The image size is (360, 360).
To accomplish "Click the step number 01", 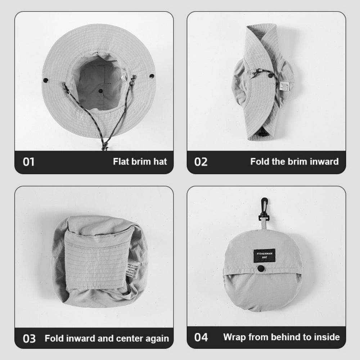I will coord(29,162).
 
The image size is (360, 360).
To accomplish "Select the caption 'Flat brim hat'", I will coord(140,161).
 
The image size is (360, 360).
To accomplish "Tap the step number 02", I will coord(201,162).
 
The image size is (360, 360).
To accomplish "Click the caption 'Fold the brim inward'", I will coord(294,161).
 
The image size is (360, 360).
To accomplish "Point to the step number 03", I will coord(29,338).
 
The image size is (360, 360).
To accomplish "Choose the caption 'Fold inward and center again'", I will coord(107,338).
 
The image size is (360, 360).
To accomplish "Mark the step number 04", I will coord(201,337).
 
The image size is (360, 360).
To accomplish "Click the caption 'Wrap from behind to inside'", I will coord(281,337).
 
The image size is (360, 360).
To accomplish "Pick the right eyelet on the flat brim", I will coord(152,76).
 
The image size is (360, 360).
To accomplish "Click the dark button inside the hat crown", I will coord(100,91).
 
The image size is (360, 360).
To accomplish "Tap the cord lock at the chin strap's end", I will coord(104,146).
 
